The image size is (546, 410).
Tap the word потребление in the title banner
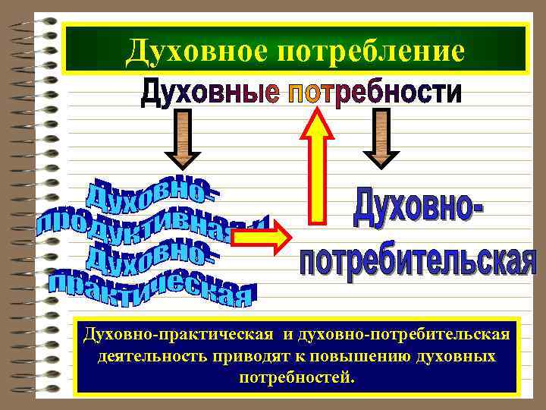point(372,52)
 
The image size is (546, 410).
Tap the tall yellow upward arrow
point(318,167)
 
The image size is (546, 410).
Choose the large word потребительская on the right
point(416,259)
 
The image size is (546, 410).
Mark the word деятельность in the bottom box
point(144,356)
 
